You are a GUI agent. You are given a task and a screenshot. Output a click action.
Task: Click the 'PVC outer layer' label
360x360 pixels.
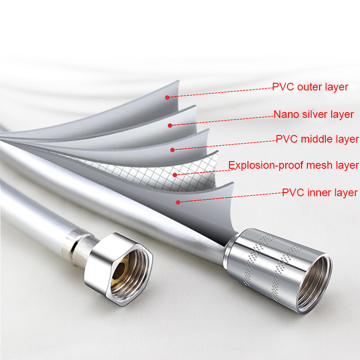(x=310, y=87)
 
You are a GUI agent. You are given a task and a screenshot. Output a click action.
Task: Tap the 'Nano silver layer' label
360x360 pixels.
(x=313, y=114)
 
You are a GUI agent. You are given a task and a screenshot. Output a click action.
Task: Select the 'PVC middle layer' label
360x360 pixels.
(x=317, y=139)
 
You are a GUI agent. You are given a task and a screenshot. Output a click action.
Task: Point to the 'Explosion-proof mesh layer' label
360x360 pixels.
(x=294, y=165)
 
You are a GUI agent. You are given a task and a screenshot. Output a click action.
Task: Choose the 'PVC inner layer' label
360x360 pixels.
(x=320, y=193)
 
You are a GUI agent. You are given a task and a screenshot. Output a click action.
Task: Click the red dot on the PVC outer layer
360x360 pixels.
(x=167, y=97)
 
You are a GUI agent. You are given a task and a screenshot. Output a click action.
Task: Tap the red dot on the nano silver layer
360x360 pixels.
(x=170, y=126)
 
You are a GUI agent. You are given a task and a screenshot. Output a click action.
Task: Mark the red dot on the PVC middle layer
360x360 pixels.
(x=172, y=150)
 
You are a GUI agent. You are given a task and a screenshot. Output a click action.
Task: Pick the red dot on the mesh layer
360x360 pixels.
(x=175, y=175)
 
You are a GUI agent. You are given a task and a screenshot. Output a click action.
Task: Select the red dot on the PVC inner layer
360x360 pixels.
(x=178, y=202)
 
